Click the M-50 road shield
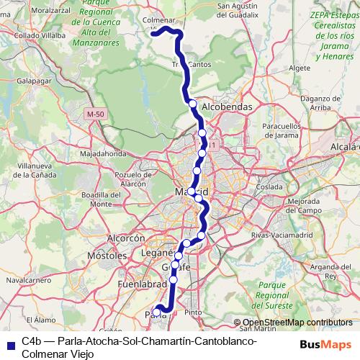click(95, 114)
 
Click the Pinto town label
click(193, 312)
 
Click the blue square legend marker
click(9, 343)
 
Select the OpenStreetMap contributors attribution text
click(298, 323)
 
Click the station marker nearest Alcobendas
click(192, 104)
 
